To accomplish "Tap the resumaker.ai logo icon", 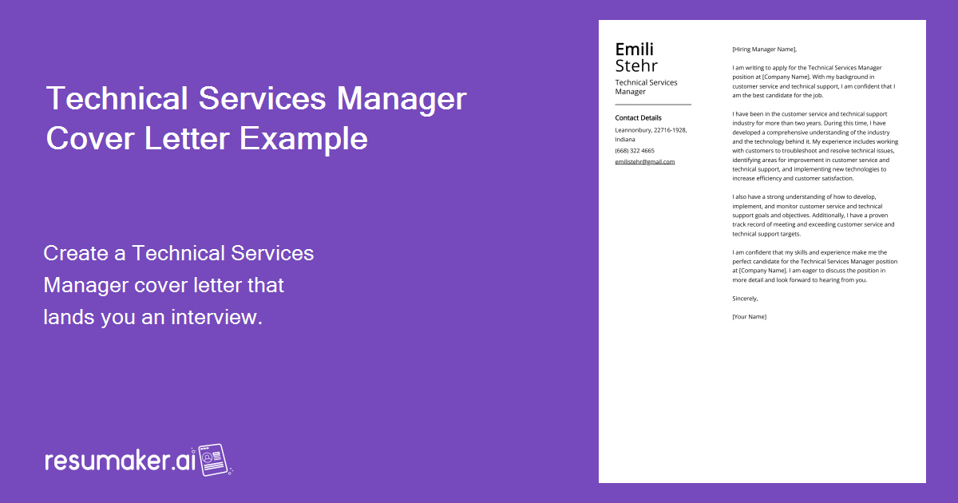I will coord(213,461).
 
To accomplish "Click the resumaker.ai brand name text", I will coord(120,461).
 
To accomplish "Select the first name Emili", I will coord(634,50).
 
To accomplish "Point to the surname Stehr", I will coord(636,65).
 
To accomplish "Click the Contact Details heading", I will coord(638,118).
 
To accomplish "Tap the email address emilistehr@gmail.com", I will coord(644,161).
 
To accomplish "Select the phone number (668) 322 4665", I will coord(634,150).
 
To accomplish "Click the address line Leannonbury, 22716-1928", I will coord(651,129).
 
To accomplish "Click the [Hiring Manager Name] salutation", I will coord(764,50).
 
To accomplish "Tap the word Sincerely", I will coord(745,299).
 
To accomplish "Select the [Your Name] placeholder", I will coord(749,317).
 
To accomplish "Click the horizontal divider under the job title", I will coord(652,105).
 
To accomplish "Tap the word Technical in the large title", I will coord(121,99).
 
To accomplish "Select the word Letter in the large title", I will coord(181,139).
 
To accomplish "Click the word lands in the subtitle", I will coord(69,318).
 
